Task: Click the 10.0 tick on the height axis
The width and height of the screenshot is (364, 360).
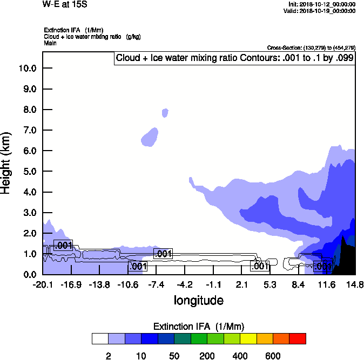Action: click(27, 68)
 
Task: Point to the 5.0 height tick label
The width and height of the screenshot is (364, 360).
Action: click(27, 171)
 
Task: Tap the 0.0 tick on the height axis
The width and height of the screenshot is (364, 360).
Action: click(27, 274)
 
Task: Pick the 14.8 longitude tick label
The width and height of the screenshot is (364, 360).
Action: click(355, 284)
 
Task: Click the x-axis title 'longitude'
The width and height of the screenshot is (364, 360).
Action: click(198, 300)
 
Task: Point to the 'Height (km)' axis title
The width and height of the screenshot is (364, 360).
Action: click(6, 162)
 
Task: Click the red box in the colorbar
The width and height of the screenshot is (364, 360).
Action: click(298, 338)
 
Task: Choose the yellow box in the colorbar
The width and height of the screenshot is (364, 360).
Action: click(248, 338)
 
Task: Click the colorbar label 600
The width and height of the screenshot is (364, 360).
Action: click(273, 356)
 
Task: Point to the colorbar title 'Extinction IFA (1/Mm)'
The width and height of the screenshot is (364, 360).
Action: click(199, 327)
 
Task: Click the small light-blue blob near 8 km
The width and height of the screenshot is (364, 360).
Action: click(165, 112)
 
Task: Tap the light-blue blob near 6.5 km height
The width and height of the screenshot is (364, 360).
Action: click(150, 137)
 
